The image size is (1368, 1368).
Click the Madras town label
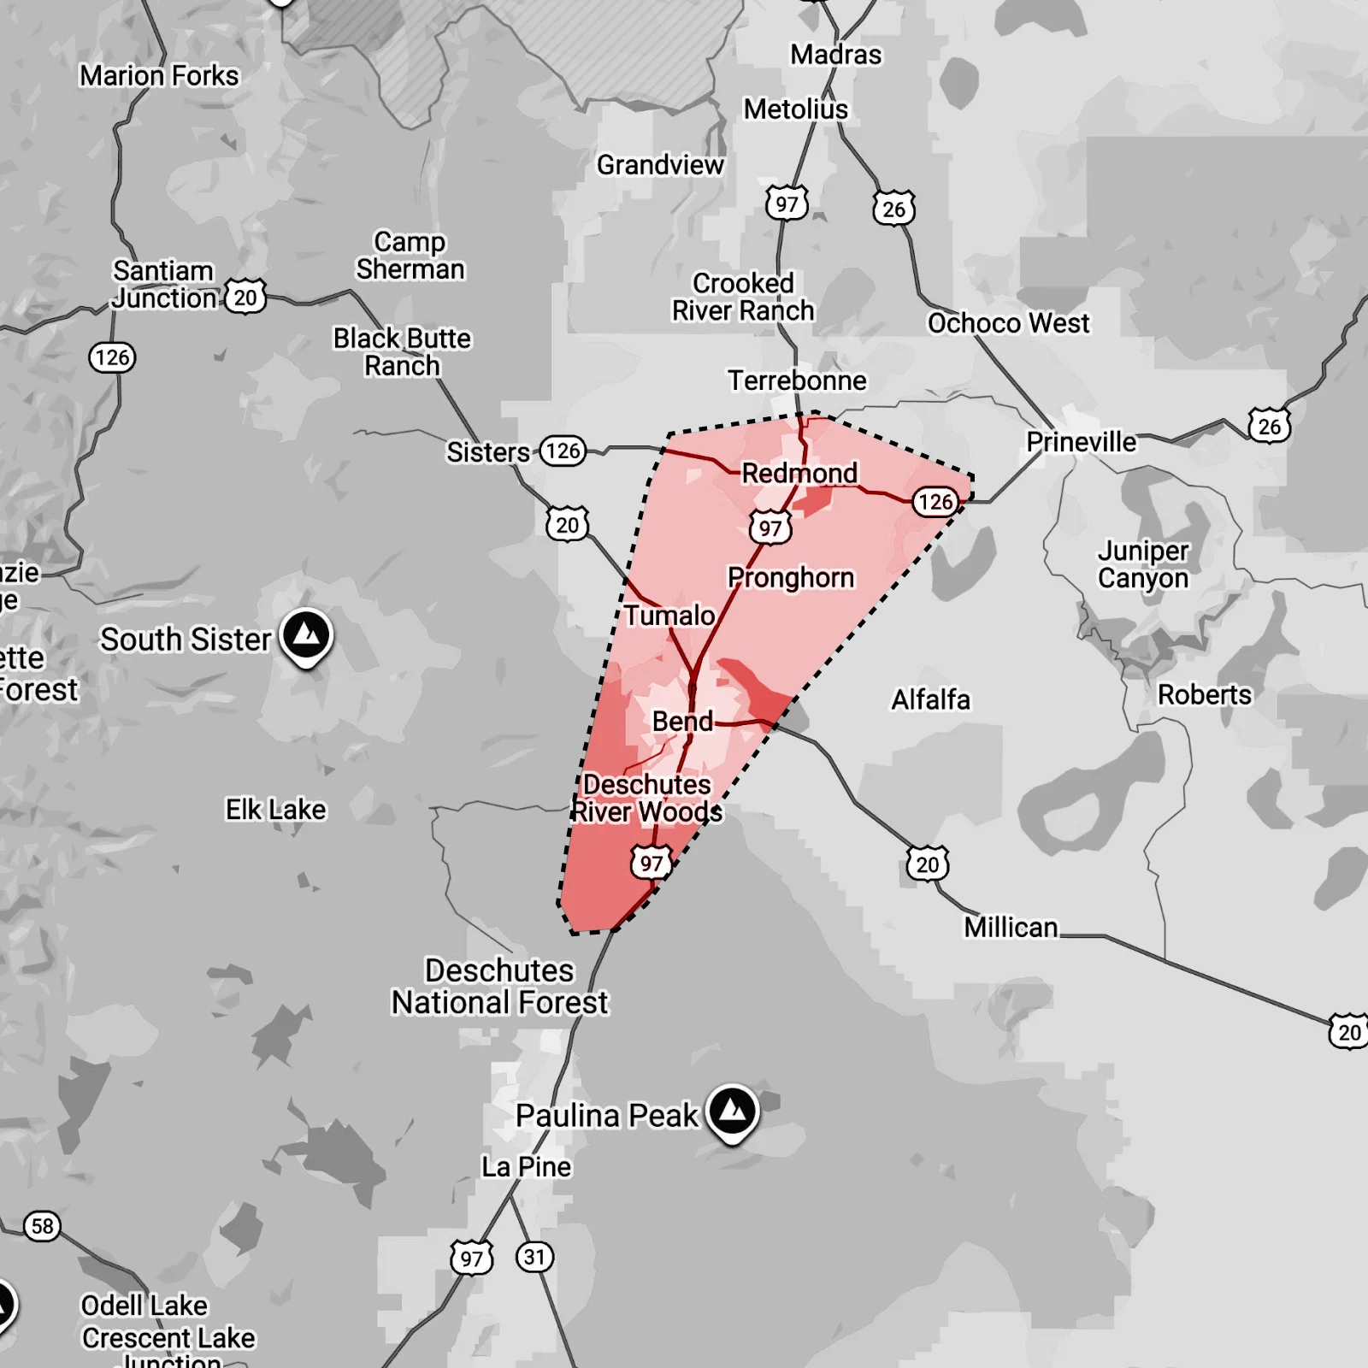(x=835, y=55)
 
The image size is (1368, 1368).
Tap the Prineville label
(x=1081, y=442)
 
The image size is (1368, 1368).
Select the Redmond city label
(x=799, y=473)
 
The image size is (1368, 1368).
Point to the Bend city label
(x=681, y=721)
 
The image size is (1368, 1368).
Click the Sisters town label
(x=488, y=451)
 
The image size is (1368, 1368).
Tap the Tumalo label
(x=669, y=615)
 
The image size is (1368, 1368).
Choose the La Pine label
(x=526, y=1166)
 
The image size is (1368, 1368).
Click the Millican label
(x=1011, y=927)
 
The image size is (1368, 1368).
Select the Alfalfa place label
(x=930, y=699)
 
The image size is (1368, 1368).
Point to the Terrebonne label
(x=796, y=380)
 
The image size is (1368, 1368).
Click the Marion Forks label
(x=159, y=75)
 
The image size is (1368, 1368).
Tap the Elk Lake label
(x=275, y=809)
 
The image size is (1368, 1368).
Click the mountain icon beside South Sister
(x=307, y=635)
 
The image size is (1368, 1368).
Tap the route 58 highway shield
(x=42, y=1226)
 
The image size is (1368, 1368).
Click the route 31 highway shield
(x=534, y=1257)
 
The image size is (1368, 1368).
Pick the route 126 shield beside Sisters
(x=563, y=451)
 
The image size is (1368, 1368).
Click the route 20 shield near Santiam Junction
(x=245, y=298)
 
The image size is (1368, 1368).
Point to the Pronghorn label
(x=790, y=577)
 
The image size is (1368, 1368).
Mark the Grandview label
(x=659, y=164)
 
